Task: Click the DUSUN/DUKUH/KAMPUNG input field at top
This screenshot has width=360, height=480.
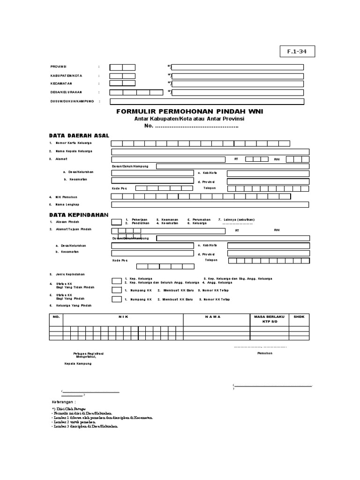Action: tap(207, 101)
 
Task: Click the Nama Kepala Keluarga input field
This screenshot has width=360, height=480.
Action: tap(210, 151)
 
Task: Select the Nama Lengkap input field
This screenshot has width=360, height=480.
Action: tap(210, 204)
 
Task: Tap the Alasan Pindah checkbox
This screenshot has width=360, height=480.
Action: tap(116, 222)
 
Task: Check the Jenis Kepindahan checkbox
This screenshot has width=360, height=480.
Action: tap(116, 281)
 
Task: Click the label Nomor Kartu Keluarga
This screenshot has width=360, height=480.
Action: tap(74, 142)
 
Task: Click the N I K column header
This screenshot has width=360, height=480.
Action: tap(123, 317)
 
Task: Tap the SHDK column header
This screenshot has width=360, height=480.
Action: tap(299, 317)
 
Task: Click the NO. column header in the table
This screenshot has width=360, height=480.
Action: tap(56, 317)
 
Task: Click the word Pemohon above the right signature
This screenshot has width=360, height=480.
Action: tap(265, 353)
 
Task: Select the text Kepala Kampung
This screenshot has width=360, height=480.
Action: tap(78, 363)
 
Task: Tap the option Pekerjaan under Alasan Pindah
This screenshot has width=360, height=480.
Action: tap(140, 219)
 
